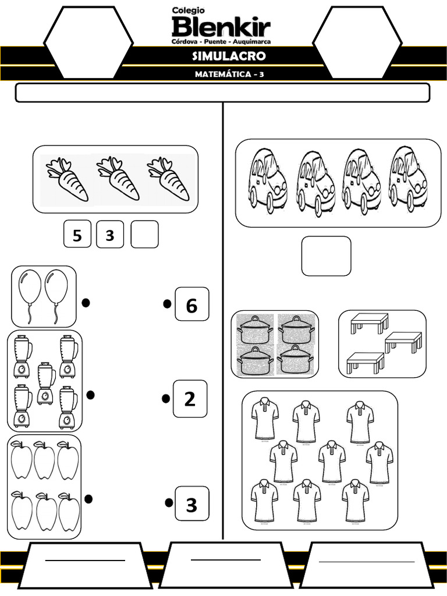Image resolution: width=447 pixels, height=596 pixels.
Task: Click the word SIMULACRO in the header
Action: tap(229, 56)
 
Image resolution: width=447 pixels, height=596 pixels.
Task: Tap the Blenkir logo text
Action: tap(221, 27)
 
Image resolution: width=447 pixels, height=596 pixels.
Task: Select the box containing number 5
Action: tap(77, 235)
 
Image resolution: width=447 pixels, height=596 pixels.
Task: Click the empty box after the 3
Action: tap(144, 235)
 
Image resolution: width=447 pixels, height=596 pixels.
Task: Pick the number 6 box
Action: tap(191, 304)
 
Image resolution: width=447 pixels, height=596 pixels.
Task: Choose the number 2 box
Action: tap(190, 399)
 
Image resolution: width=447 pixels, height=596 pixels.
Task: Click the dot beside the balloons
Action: tap(86, 303)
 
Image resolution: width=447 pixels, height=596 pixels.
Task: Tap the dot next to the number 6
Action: tap(167, 304)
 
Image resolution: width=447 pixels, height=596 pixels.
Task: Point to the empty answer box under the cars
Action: tap(326, 256)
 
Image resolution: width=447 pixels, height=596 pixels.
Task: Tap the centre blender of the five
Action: tap(45, 383)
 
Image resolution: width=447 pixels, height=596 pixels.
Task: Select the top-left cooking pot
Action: tap(254, 330)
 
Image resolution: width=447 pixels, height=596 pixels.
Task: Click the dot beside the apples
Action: tap(88, 499)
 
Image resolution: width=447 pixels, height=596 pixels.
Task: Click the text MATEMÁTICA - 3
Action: tap(229, 74)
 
